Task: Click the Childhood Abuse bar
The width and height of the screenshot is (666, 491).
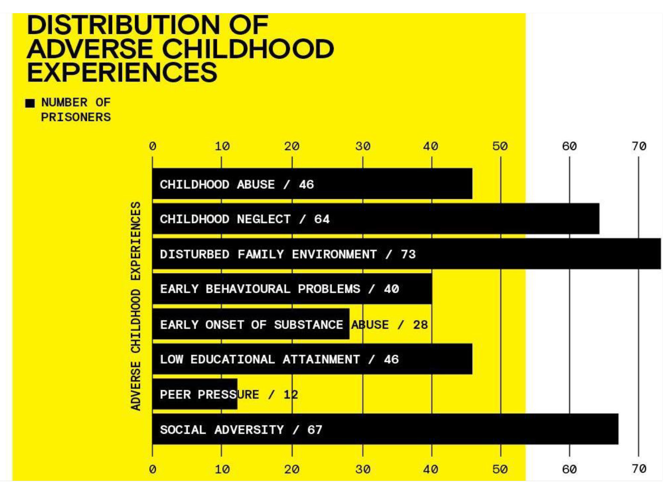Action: (312, 184)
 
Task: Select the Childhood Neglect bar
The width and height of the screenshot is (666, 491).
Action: (375, 219)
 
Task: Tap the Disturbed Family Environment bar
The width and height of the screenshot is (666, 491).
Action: (406, 254)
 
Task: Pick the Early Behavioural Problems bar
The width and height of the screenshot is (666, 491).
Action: (292, 289)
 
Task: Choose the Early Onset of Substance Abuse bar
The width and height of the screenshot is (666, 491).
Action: (250, 324)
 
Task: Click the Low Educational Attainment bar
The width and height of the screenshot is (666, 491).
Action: (312, 359)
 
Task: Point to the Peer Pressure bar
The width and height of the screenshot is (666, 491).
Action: (194, 394)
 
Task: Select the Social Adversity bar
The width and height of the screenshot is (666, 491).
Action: (385, 429)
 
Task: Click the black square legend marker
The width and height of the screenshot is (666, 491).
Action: (30, 103)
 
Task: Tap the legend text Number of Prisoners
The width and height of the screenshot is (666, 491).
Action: (76, 109)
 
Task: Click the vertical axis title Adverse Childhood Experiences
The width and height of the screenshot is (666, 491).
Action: (136, 306)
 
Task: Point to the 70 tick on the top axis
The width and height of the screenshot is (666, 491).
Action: (639, 147)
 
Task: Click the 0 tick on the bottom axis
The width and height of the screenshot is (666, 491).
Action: (153, 469)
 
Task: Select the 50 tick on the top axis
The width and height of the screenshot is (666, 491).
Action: (500, 147)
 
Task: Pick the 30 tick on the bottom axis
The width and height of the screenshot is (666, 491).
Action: (363, 469)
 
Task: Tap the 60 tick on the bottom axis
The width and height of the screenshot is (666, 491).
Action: (569, 469)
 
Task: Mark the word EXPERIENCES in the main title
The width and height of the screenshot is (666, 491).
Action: (122, 72)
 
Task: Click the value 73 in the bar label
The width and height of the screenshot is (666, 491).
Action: (408, 254)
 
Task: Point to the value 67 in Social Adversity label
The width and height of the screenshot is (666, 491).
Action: (314, 429)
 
